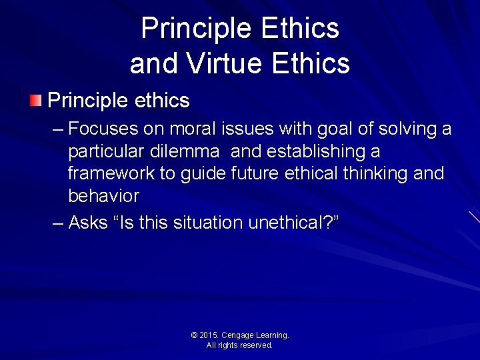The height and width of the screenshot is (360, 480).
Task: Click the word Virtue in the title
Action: (215, 63)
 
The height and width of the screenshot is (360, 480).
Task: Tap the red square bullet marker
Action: (35, 101)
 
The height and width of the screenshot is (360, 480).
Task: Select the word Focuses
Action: (103, 128)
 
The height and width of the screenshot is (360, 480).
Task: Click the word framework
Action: (111, 174)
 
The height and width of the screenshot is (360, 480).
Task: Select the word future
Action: (253, 174)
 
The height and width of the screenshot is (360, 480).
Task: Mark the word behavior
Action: (103, 197)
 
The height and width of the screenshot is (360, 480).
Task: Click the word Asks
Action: (88, 223)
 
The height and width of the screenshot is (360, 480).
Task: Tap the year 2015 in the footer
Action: (211, 335)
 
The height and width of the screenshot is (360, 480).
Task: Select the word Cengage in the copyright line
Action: (240, 335)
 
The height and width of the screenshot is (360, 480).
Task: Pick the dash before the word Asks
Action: (58, 223)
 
